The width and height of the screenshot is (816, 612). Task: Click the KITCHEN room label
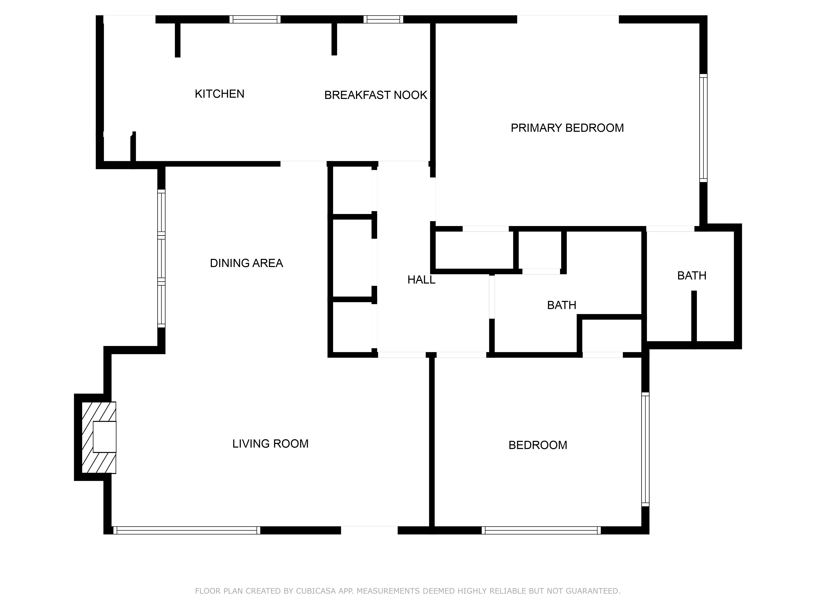tap(220, 94)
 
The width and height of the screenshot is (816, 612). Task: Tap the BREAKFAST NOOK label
tap(376, 95)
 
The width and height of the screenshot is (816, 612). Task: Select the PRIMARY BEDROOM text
tap(567, 128)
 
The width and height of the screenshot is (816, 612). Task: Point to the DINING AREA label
tap(246, 263)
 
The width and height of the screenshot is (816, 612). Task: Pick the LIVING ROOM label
tap(270, 443)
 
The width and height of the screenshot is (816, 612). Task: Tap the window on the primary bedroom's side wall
tap(703, 128)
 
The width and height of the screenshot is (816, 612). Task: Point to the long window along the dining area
tap(161, 258)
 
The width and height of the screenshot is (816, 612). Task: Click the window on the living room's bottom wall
tap(186, 530)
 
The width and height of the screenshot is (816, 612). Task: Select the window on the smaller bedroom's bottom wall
tap(541, 530)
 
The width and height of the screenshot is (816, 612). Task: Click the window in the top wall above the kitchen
tap(255, 19)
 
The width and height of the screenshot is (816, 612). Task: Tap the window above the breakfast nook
tap(383, 19)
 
